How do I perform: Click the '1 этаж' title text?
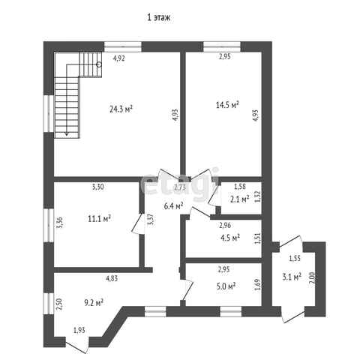pos(159,17)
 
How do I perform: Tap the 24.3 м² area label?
pos(121,109)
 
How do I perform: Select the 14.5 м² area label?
pos(227,104)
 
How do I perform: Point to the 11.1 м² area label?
pos(99,219)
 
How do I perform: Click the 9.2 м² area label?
pos(94,303)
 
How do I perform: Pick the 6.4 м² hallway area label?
pos(174,206)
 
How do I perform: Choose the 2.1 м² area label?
pos(239,199)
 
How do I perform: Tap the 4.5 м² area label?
pos(230,238)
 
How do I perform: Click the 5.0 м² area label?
pos(226,286)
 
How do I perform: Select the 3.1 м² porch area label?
pos(292,277)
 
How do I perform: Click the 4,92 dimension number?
pos(119,58)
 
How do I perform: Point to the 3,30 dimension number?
pos(98,187)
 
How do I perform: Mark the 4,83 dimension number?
pos(112,278)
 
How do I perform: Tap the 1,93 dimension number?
pos(79,330)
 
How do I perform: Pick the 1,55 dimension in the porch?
pos(295,259)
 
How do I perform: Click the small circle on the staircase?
pos(99,64)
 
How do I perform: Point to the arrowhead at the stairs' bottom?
pos(67,134)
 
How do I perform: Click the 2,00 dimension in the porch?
pos(312,277)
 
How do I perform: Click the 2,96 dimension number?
pos(225,226)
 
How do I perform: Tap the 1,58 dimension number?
pos(240,187)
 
